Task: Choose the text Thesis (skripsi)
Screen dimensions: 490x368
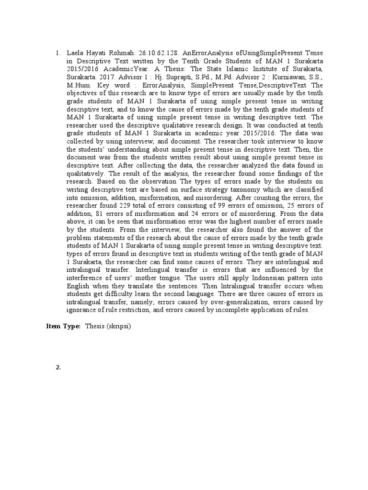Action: point(108,326)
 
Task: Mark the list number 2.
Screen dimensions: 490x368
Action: point(58,367)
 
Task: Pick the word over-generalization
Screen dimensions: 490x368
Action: point(248,302)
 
